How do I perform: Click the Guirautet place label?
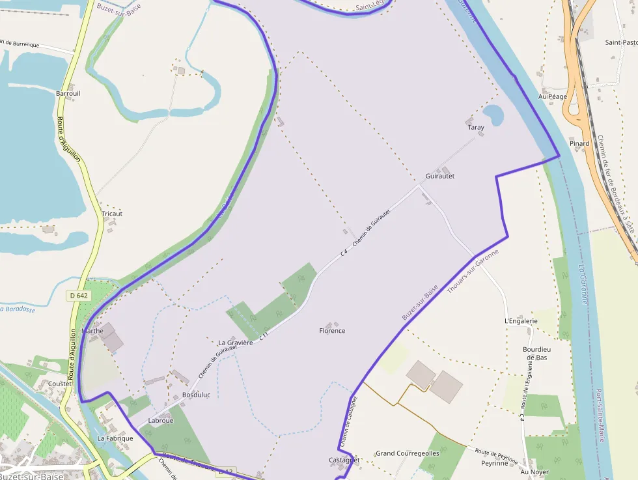[x=439, y=176]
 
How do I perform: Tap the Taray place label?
[x=476, y=128]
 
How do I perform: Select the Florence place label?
[x=332, y=331]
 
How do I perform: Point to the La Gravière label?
[x=235, y=342]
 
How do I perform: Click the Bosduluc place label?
[x=196, y=395]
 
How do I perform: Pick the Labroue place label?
[x=161, y=421]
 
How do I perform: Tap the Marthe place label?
[x=92, y=331]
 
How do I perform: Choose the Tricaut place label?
[x=112, y=214]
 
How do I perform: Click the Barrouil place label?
[x=68, y=93]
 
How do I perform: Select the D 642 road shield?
[x=78, y=296]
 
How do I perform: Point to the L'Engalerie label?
[x=521, y=321]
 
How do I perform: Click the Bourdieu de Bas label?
[x=536, y=353]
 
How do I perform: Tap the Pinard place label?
[x=579, y=143]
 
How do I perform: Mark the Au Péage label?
[x=552, y=96]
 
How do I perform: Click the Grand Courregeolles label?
[x=408, y=453]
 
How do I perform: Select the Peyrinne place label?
[x=494, y=463]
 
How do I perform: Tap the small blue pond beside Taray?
[x=494, y=115]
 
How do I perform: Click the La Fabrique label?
[x=115, y=438]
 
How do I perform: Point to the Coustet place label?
[x=60, y=384]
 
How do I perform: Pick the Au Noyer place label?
[x=535, y=472]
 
